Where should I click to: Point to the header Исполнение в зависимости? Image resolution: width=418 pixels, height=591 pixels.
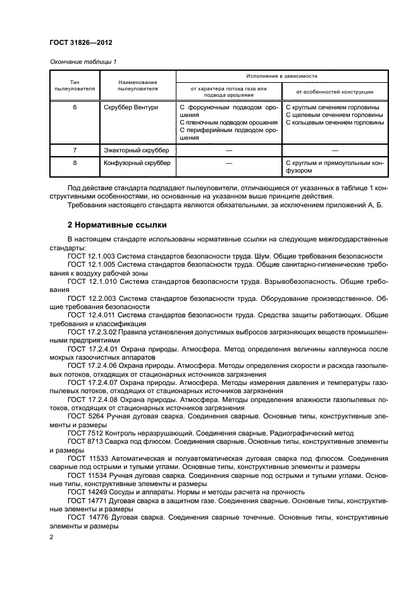(281, 76)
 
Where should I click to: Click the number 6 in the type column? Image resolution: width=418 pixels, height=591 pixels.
(75, 107)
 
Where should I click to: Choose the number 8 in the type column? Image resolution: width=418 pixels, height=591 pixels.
(75, 163)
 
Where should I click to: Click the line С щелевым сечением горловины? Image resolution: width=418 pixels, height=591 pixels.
(334, 115)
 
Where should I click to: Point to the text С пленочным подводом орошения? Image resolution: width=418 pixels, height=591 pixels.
(228, 123)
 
